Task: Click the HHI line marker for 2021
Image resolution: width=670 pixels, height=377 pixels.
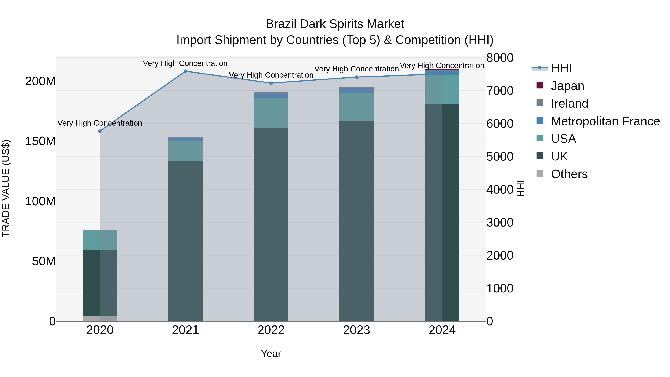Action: tap(185, 71)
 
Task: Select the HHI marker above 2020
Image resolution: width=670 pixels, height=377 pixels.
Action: tap(100, 131)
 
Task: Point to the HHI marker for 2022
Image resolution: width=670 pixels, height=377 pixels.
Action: tap(271, 83)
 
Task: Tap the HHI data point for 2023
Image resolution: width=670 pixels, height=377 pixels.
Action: tap(357, 77)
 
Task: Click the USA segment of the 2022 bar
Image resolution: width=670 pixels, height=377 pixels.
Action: tap(271, 113)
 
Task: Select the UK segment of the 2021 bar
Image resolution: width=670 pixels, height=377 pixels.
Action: tap(185, 241)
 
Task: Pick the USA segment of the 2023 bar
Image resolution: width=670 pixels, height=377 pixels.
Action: tap(357, 107)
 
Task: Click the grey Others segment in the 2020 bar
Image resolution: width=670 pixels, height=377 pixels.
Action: tap(100, 319)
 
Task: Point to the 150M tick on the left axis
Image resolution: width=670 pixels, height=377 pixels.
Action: tap(40, 141)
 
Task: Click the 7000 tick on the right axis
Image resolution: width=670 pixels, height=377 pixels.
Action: tap(500, 91)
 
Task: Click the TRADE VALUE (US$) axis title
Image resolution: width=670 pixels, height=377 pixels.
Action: tap(6, 188)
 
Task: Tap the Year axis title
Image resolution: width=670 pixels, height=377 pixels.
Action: tap(271, 354)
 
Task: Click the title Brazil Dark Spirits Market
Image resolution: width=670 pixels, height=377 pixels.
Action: tap(335, 24)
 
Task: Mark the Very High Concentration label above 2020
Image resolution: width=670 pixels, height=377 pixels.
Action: tap(100, 123)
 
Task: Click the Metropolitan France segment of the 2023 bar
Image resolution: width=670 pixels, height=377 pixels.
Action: tap(357, 90)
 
